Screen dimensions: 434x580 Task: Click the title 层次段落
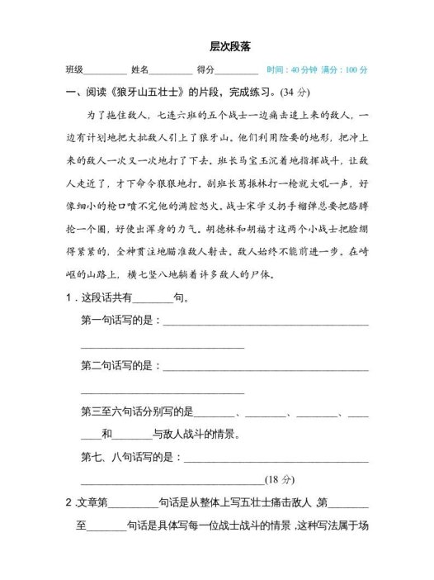pos(218,48)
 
